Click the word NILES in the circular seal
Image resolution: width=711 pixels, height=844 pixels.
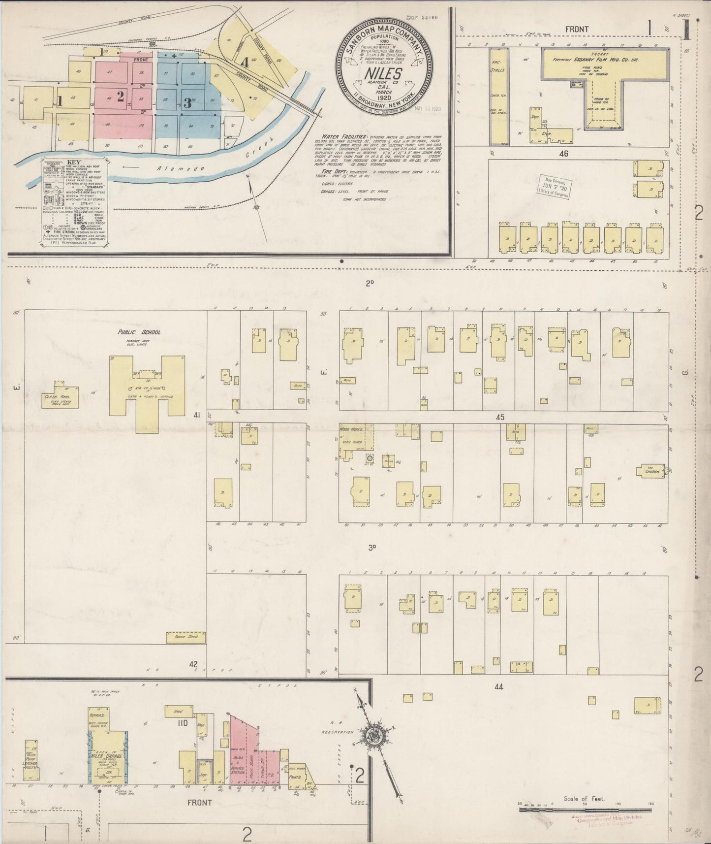click(x=384, y=73)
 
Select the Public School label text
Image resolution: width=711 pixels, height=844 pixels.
click(x=139, y=332)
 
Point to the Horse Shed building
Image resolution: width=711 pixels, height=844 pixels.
click(x=185, y=638)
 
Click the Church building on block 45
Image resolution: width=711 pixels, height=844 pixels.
click(x=652, y=471)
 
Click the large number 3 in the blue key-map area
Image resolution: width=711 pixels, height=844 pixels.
click(x=187, y=103)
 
